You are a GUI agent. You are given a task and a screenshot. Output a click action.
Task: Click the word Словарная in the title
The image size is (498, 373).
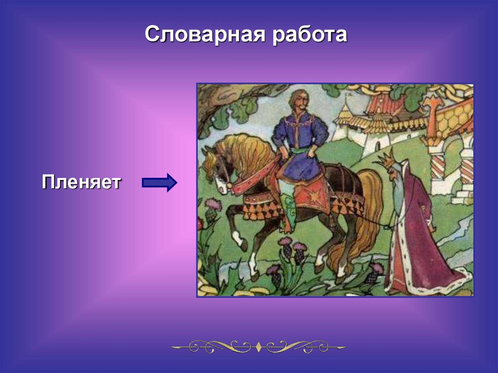(x=205, y=35)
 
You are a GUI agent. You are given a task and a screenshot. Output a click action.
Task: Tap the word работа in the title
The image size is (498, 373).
(x=310, y=35)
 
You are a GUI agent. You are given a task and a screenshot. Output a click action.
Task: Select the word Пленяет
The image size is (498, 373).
(x=81, y=182)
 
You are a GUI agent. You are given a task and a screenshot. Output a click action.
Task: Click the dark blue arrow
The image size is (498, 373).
(x=160, y=183)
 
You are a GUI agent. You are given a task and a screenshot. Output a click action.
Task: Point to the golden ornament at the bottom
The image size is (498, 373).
(x=259, y=347)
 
